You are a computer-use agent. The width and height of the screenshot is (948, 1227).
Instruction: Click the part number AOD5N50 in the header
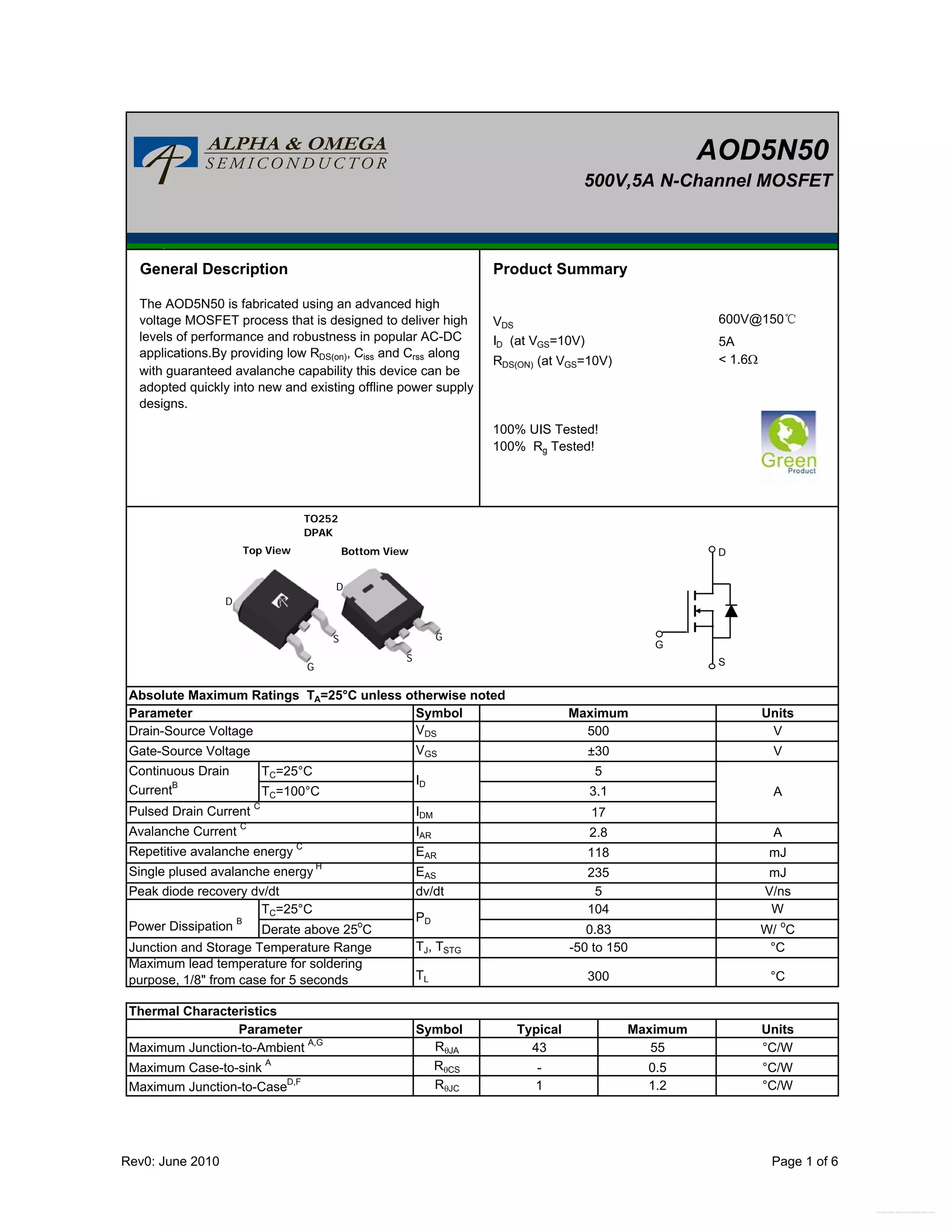[762, 150]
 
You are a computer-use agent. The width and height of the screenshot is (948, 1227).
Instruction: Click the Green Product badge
[788, 444]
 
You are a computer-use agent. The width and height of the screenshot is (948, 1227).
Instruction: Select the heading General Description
[213, 269]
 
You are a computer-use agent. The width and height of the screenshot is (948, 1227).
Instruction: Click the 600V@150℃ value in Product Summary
[756, 319]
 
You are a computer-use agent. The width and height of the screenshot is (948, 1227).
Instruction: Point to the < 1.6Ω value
[737, 360]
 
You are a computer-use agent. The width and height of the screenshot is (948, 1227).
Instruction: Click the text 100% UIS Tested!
[545, 429]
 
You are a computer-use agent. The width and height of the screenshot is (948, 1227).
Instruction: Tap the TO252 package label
[321, 519]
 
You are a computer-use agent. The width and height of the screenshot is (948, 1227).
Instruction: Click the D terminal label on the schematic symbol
[722, 552]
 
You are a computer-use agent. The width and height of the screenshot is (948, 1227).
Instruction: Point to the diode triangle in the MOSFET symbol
[730, 610]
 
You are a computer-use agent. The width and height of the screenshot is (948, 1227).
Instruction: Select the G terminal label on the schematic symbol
[659, 645]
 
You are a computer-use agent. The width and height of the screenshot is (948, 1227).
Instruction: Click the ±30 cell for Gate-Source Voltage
[598, 751]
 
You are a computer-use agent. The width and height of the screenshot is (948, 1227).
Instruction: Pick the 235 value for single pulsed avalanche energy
[598, 872]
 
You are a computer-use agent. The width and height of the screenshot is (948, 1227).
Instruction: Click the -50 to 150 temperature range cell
[598, 947]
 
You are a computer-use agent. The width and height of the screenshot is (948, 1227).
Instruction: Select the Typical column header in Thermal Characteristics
[539, 1029]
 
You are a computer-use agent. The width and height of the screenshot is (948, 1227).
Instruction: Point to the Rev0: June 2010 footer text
[170, 1161]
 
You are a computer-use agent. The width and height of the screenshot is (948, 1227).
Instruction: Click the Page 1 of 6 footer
[804, 1161]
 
